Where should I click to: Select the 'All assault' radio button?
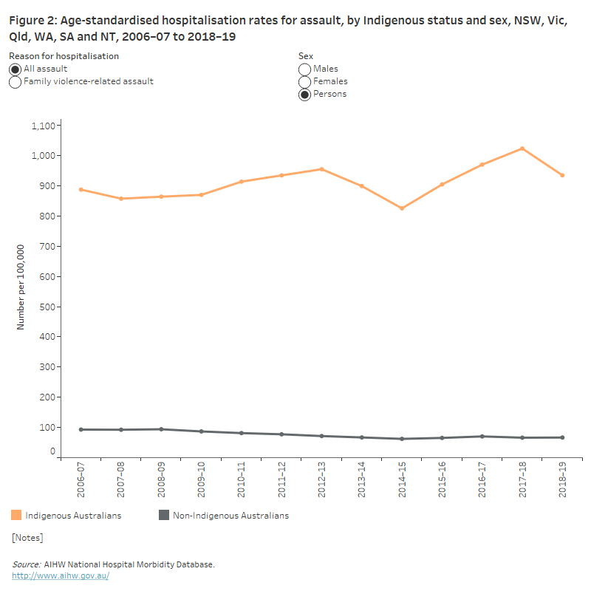click(15, 69)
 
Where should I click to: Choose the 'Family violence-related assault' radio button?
click(15, 82)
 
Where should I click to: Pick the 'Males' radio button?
click(304, 69)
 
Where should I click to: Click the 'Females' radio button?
click(304, 82)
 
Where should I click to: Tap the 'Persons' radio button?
click(304, 95)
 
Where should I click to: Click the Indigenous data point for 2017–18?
click(522, 148)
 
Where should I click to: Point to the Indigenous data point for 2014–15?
click(402, 208)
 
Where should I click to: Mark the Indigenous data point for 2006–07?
click(81, 190)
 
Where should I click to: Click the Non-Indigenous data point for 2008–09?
click(161, 429)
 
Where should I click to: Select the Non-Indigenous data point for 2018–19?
click(562, 437)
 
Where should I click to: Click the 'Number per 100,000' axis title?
click(21, 287)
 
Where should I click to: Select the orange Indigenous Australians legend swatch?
click(16, 515)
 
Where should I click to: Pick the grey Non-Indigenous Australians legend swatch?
click(164, 515)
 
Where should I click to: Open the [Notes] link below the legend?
click(27, 538)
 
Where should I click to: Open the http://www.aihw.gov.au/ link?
click(61, 575)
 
